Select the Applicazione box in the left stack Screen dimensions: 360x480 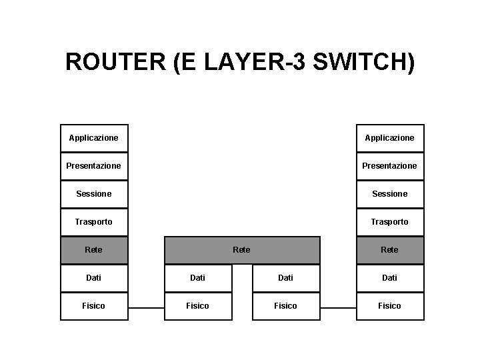(94, 138)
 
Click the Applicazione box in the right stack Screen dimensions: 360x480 (390, 138)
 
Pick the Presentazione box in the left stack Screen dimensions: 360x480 (94, 166)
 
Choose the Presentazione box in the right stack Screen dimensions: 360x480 (390, 166)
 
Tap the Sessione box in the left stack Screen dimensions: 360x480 (94, 194)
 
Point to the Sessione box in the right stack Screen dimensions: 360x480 (390, 194)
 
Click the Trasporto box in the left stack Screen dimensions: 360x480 (94, 222)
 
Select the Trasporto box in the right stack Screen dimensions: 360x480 (390, 222)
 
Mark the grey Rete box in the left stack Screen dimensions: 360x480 (94, 250)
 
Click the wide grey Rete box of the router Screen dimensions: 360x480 (242, 250)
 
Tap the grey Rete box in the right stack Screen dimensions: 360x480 (390, 250)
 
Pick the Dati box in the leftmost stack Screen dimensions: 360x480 (94, 278)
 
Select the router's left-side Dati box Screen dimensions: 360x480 (198, 278)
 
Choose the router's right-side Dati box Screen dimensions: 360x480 (286, 278)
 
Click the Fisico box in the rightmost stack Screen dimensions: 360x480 (390, 306)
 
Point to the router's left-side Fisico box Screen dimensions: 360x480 (198, 306)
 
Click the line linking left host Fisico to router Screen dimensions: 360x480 (146, 308)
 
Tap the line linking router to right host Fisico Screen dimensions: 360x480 (338, 308)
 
